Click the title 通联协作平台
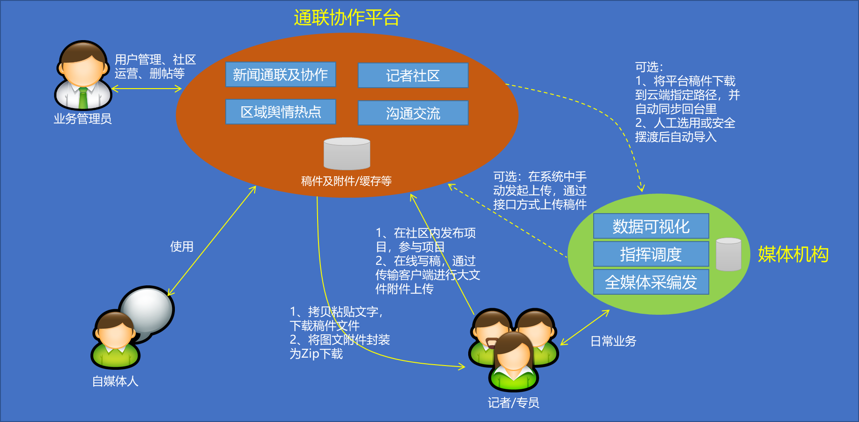pos(347,18)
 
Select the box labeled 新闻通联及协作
pos(281,75)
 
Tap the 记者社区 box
pos(413,76)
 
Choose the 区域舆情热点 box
pos(281,112)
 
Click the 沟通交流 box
pos(413,113)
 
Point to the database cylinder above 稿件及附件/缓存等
pos(347,153)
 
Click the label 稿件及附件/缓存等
pos(346,181)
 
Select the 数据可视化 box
pos(651,226)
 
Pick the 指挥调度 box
pos(651,254)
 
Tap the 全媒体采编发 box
pos(651,282)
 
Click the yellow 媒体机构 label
pos(793,255)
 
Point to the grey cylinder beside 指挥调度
pos(728,254)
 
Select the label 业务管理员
pos(83,119)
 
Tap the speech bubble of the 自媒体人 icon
pos(147,311)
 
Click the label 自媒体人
pos(115,381)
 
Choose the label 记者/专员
pos(513,402)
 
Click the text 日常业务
pos(613,341)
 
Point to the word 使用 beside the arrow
pos(181,246)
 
